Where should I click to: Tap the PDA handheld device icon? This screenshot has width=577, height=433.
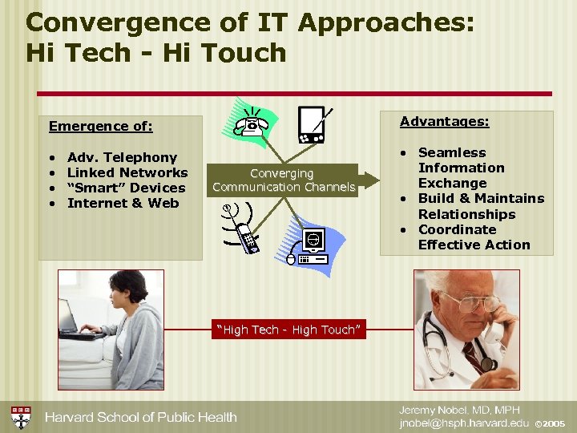click(311, 124)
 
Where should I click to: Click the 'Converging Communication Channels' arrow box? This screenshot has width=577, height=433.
click(284, 180)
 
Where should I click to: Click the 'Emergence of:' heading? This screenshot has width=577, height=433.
click(100, 126)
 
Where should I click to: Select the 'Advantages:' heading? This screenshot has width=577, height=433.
click(444, 121)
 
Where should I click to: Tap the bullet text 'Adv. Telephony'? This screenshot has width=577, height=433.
click(122, 157)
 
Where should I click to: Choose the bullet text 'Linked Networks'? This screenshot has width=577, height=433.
click(127, 172)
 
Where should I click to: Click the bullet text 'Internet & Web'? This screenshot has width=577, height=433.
click(123, 203)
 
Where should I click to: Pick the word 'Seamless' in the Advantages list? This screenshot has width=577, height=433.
click(452, 152)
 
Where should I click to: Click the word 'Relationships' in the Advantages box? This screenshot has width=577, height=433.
click(466, 214)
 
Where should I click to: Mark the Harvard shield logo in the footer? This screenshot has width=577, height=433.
click(21, 417)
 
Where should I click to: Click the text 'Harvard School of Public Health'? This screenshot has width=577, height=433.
click(140, 417)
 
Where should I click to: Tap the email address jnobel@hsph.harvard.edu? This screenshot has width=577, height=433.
click(465, 423)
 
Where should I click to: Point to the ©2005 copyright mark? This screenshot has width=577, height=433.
click(550, 423)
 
